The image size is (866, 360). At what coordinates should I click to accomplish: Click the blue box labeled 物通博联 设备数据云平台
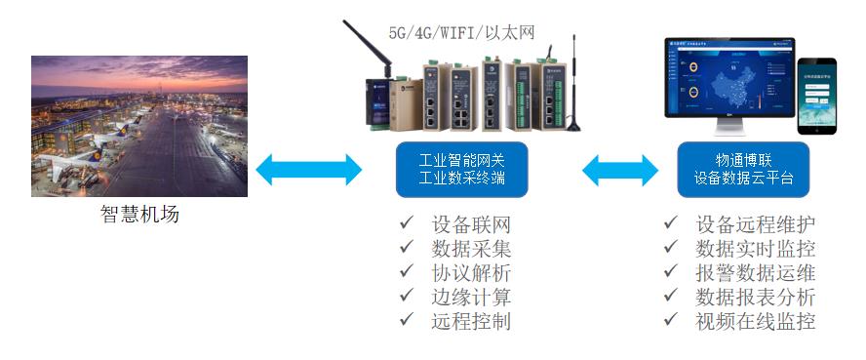(x=744, y=169)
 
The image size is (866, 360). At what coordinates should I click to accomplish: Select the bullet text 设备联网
(x=471, y=225)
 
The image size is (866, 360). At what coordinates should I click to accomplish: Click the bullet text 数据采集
(x=471, y=249)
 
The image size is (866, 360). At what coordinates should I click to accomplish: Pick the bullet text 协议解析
(x=471, y=273)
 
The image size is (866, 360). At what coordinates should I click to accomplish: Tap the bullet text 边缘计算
(x=471, y=297)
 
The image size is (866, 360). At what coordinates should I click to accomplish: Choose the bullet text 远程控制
(x=471, y=321)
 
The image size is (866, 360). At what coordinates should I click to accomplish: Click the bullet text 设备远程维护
(x=756, y=225)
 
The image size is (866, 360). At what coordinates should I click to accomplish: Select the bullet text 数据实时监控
(x=756, y=249)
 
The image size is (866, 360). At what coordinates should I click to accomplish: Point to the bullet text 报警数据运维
(x=756, y=273)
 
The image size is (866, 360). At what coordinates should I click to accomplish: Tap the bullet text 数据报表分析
(x=756, y=297)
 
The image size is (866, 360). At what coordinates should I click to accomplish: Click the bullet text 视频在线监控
(x=756, y=321)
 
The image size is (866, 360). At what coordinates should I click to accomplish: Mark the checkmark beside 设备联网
(x=406, y=225)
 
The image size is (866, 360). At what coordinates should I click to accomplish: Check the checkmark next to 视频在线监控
(x=670, y=321)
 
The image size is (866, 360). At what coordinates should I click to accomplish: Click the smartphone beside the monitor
(x=817, y=86)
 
